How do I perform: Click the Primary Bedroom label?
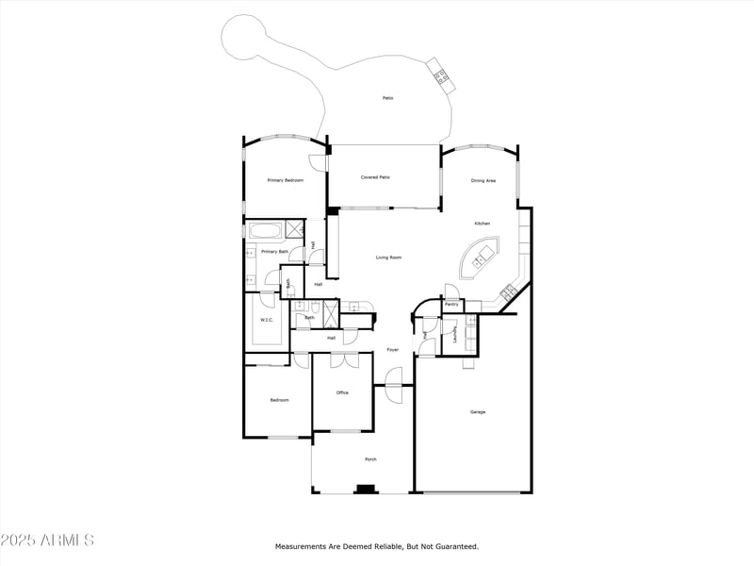tap(285, 180)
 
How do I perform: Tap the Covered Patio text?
tap(375, 177)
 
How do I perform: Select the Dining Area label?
tap(483, 180)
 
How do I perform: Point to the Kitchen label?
tap(482, 224)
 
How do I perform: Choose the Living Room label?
tap(389, 258)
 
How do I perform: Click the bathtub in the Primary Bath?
tap(265, 230)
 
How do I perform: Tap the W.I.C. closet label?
tap(267, 321)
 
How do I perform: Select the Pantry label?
tap(451, 305)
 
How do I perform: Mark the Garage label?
tap(478, 411)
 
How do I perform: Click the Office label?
tap(342, 392)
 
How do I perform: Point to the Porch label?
tap(371, 459)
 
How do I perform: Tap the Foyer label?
tap(392, 350)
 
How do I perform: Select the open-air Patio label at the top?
tap(387, 98)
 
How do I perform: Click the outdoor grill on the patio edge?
tap(440, 74)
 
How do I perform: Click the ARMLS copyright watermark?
tap(47, 541)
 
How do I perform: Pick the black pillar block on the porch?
tap(364, 489)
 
